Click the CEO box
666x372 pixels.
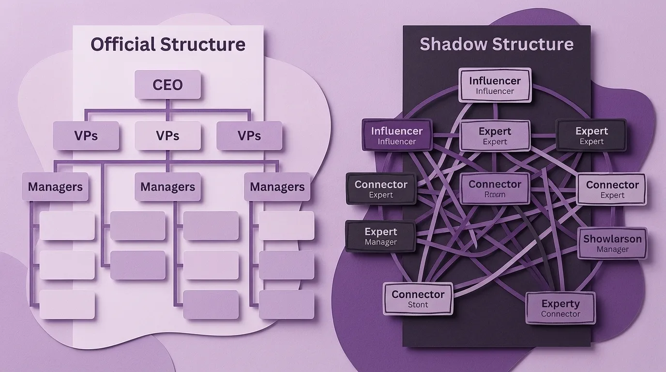pyautogui.click(x=167, y=85)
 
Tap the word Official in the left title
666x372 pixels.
pyautogui.click(x=123, y=45)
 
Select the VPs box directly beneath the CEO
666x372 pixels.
pyautogui.click(x=167, y=136)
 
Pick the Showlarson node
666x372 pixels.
pyautogui.click(x=612, y=243)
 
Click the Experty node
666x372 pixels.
pyautogui.click(x=560, y=308)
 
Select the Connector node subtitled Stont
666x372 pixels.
pyautogui.click(x=418, y=298)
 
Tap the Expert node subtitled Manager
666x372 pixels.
pyautogui.click(x=380, y=236)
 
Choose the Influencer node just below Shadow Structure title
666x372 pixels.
pyautogui.click(x=495, y=85)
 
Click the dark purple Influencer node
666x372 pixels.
pyautogui.click(x=397, y=135)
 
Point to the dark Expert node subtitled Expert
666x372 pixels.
pyautogui.click(x=591, y=135)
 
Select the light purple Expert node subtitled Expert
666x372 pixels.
pyautogui.click(x=495, y=136)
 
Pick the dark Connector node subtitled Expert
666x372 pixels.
pyautogui.click(x=381, y=189)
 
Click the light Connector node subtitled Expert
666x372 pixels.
pyautogui.click(x=612, y=189)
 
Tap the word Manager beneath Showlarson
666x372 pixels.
pyautogui.click(x=612, y=250)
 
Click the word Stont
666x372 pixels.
pyautogui.click(x=418, y=305)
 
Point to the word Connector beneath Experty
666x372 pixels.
pyautogui.click(x=560, y=314)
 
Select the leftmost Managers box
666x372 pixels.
pyautogui.click(x=55, y=187)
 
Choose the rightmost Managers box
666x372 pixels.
pyautogui.click(x=277, y=187)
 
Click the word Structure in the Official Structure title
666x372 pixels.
pyautogui.click(x=203, y=45)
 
